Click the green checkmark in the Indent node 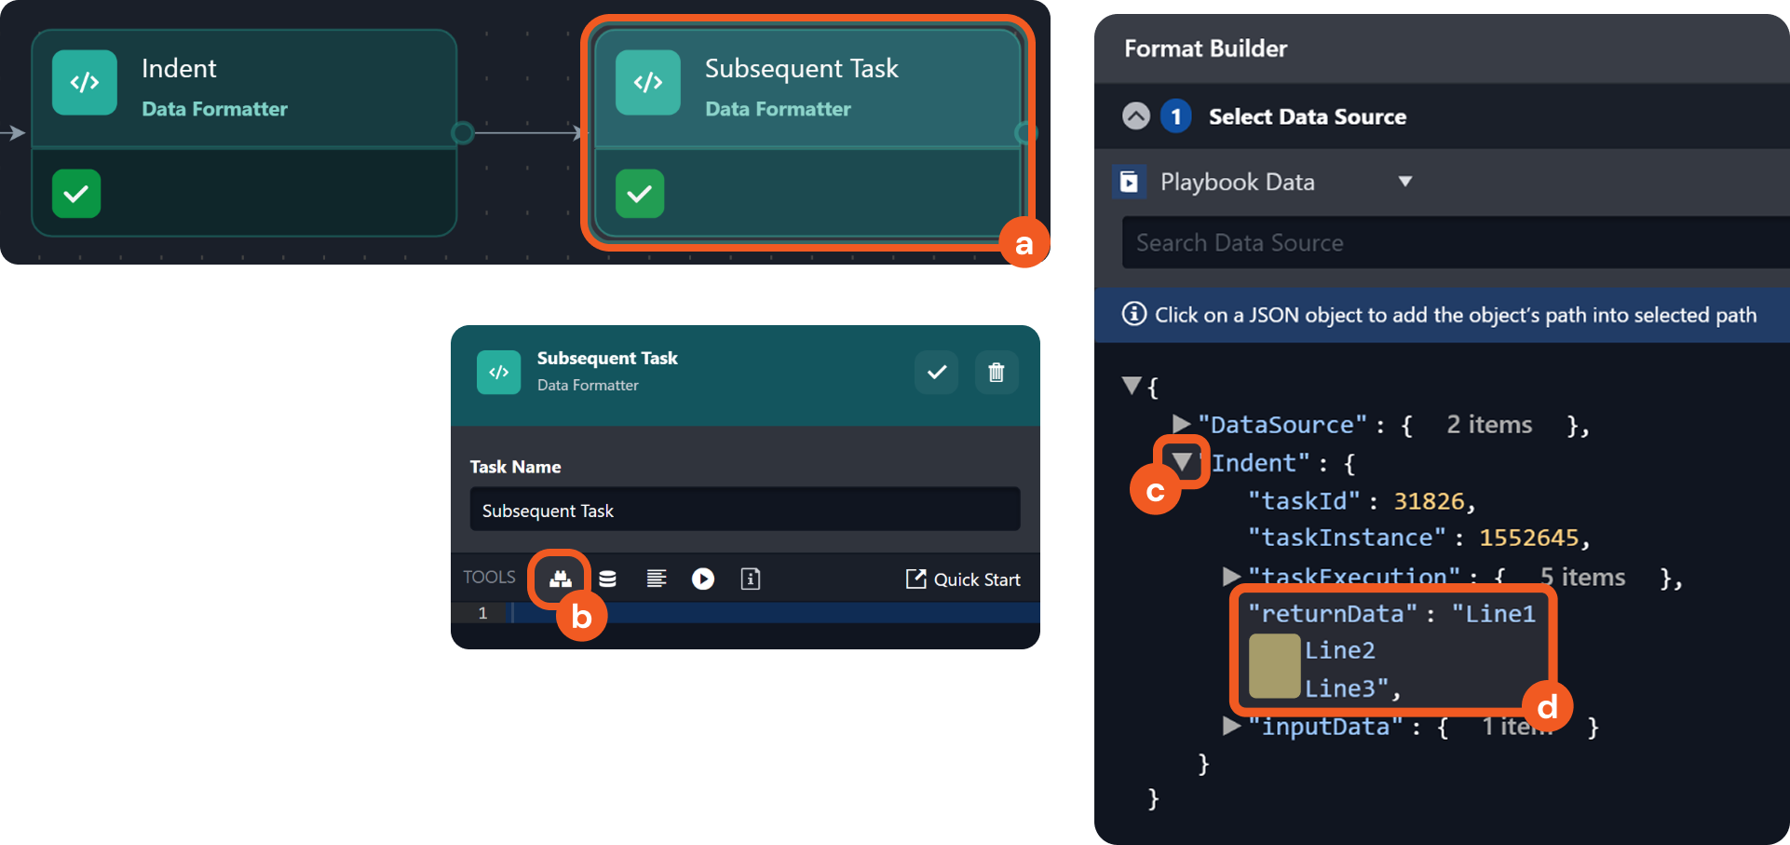point(76,194)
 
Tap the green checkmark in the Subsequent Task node point(640,194)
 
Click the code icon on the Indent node point(85,82)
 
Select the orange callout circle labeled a point(1024,244)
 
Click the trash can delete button point(997,373)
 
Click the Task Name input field point(745,510)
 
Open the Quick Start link point(963,579)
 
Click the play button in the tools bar point(703,579)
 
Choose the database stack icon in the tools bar point(607,579)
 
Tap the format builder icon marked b point(560,579)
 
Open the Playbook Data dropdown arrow point(1405,182)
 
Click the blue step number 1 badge point(1176,116)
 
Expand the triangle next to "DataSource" point(1182,425)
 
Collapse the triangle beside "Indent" point(1182,462)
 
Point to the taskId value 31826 point(1429,501)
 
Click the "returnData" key point(1333,613)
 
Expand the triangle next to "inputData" point(1232,726)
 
